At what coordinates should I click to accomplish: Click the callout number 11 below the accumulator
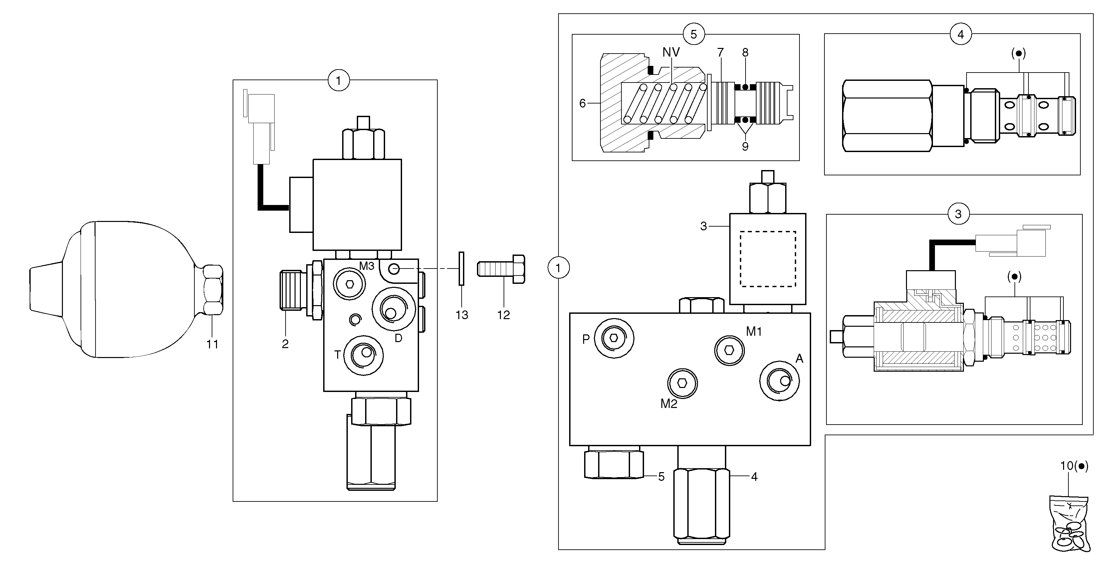[x=212, y=344]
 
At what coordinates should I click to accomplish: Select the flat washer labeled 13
[x=461, y=269]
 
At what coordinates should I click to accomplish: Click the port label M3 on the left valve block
[x=367, y=266]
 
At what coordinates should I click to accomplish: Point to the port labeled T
[x=364, y=355]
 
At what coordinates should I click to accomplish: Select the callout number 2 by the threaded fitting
[x=285, y=344]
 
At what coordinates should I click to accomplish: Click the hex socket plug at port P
[x=614, y=338]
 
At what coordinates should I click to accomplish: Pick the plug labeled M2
[x=682, y=383]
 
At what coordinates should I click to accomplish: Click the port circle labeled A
[x=779, y=381]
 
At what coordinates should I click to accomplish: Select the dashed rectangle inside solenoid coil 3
[x=768, y=259]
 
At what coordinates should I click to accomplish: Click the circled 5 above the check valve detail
[x=693, y=35]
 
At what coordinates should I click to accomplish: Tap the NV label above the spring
[x=671, y=53]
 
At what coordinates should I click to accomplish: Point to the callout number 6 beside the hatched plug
[x=582, y=103]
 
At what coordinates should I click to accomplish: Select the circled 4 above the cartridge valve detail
[x=961, y=35]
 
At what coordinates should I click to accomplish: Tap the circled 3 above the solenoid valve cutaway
[x=958, y=214]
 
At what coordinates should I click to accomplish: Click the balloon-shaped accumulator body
[x=129, y=289]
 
